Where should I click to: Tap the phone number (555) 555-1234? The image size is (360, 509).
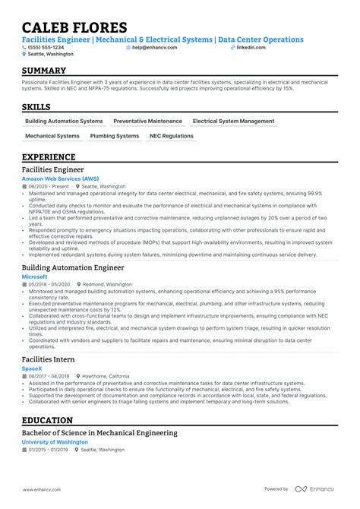[x=47, y=47]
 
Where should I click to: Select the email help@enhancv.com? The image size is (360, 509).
[x=154, y=47]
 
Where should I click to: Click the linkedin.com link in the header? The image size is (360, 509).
[x=251, y=47]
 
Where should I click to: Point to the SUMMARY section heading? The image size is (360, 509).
[x=45, y=70]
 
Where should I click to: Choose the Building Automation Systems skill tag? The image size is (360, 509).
[x=64, y=121]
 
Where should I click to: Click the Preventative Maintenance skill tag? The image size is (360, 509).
[x=147, y=121]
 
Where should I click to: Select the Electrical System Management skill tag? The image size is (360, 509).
[x=233, y=121]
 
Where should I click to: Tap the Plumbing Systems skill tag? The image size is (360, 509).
[x=115, y=136]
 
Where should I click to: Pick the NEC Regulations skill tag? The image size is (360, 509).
[x=172, y=136]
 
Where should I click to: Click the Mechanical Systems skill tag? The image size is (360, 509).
[x=52, y=136]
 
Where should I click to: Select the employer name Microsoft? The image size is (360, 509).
[x=35, y=277]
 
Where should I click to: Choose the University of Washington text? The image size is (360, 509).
[x=55, y=441]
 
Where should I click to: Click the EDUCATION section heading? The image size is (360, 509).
[x=47, y=420]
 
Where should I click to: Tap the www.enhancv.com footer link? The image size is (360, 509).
[x=41, y=488]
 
